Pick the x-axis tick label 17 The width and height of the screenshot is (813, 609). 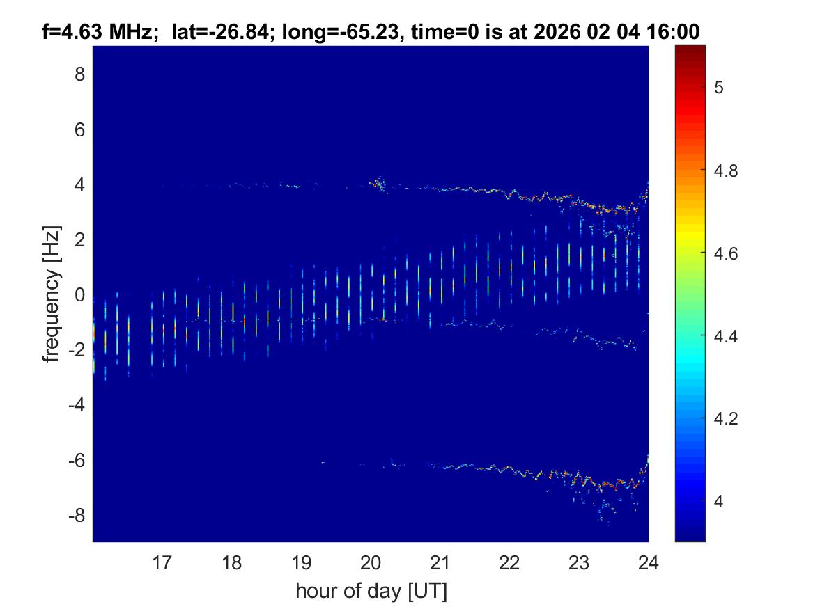tap(162, 562)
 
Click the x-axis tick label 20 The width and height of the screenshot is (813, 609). tap(371, 562)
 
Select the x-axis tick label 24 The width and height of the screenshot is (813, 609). tap(648, 562)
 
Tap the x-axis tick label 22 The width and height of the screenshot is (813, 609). tap(509, 562)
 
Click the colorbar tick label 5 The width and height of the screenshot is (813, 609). tap(720, 87)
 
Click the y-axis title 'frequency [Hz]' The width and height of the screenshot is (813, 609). tap(51, 294)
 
